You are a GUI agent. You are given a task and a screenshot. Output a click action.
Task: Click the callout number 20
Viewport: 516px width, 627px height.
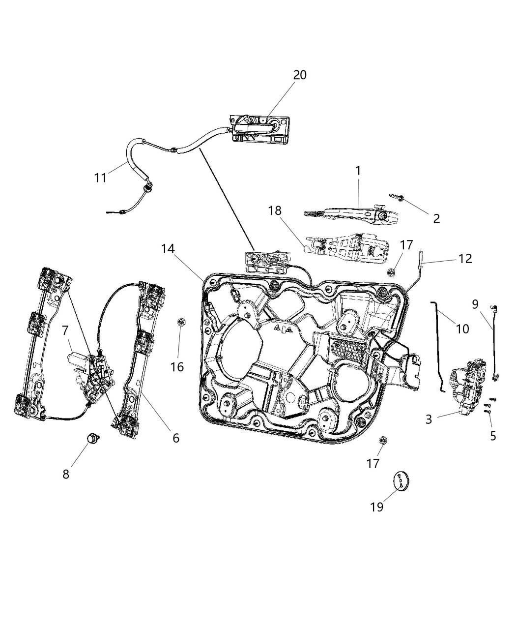(300, 75)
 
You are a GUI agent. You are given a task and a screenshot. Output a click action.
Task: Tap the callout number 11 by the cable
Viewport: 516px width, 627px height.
(100, 178)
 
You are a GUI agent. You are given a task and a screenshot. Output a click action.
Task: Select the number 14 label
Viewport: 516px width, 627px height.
(168, 249)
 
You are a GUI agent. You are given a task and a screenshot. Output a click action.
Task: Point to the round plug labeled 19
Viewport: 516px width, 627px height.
(402, 480)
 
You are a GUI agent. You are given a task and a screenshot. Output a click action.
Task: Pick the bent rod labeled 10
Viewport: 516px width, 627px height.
(438, 344)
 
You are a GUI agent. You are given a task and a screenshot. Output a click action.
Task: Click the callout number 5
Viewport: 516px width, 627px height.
(492, 436)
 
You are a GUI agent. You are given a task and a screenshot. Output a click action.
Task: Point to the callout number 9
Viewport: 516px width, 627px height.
(475, 304)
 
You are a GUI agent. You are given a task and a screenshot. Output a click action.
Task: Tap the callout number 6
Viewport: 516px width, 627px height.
(175, 437)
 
